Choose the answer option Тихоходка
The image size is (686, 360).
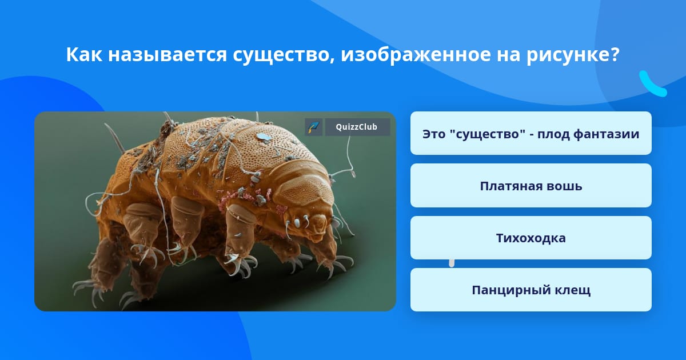click(531, 238)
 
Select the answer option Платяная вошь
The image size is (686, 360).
click(531, 186)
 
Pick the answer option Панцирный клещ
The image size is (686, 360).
click(531, 290)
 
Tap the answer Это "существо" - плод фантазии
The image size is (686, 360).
click(531, 134)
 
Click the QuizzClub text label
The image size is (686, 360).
click(357, 127)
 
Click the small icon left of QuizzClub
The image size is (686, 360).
click(313, 127)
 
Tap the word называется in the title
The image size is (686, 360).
click(167, 55)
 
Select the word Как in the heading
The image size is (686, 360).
click(84, 54)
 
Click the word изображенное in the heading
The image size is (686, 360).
click(416, 55)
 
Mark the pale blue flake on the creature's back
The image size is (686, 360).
click(263, 137)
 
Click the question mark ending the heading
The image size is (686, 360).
click(614, 54)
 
